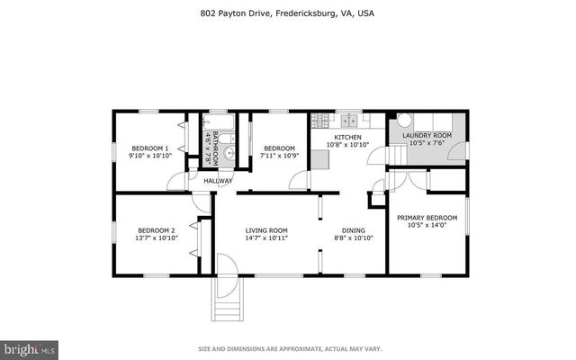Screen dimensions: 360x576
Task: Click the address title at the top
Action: (287, 13)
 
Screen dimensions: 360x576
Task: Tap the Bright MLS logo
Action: (30, 347)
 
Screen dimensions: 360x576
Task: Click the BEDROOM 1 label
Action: (149, 148)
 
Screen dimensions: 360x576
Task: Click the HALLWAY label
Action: (218, 181)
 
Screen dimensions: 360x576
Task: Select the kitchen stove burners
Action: (320, 121)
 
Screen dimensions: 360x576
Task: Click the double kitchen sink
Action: (347, 121)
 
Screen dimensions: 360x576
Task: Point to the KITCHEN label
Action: (347, 137)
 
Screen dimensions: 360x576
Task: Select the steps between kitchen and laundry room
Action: (397, 158)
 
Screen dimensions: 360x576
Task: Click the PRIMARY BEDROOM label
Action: (427, 217)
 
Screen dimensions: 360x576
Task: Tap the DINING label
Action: (353, 230)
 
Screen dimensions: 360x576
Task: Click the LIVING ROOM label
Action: (265, 230)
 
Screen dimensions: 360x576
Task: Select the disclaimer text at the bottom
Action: (287, 348)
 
